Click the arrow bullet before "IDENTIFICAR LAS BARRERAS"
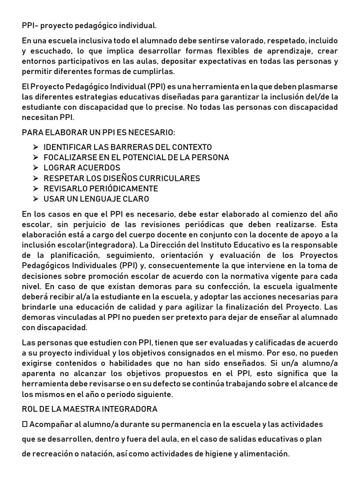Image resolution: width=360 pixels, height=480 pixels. (36, 147)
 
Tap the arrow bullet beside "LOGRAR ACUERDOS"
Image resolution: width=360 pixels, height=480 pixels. (36, 168)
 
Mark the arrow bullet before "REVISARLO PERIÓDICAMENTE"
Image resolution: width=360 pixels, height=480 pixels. (36, 188)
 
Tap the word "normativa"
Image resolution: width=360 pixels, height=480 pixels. (232, 276)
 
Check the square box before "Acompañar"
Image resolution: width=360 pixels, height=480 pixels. (25, 424)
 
